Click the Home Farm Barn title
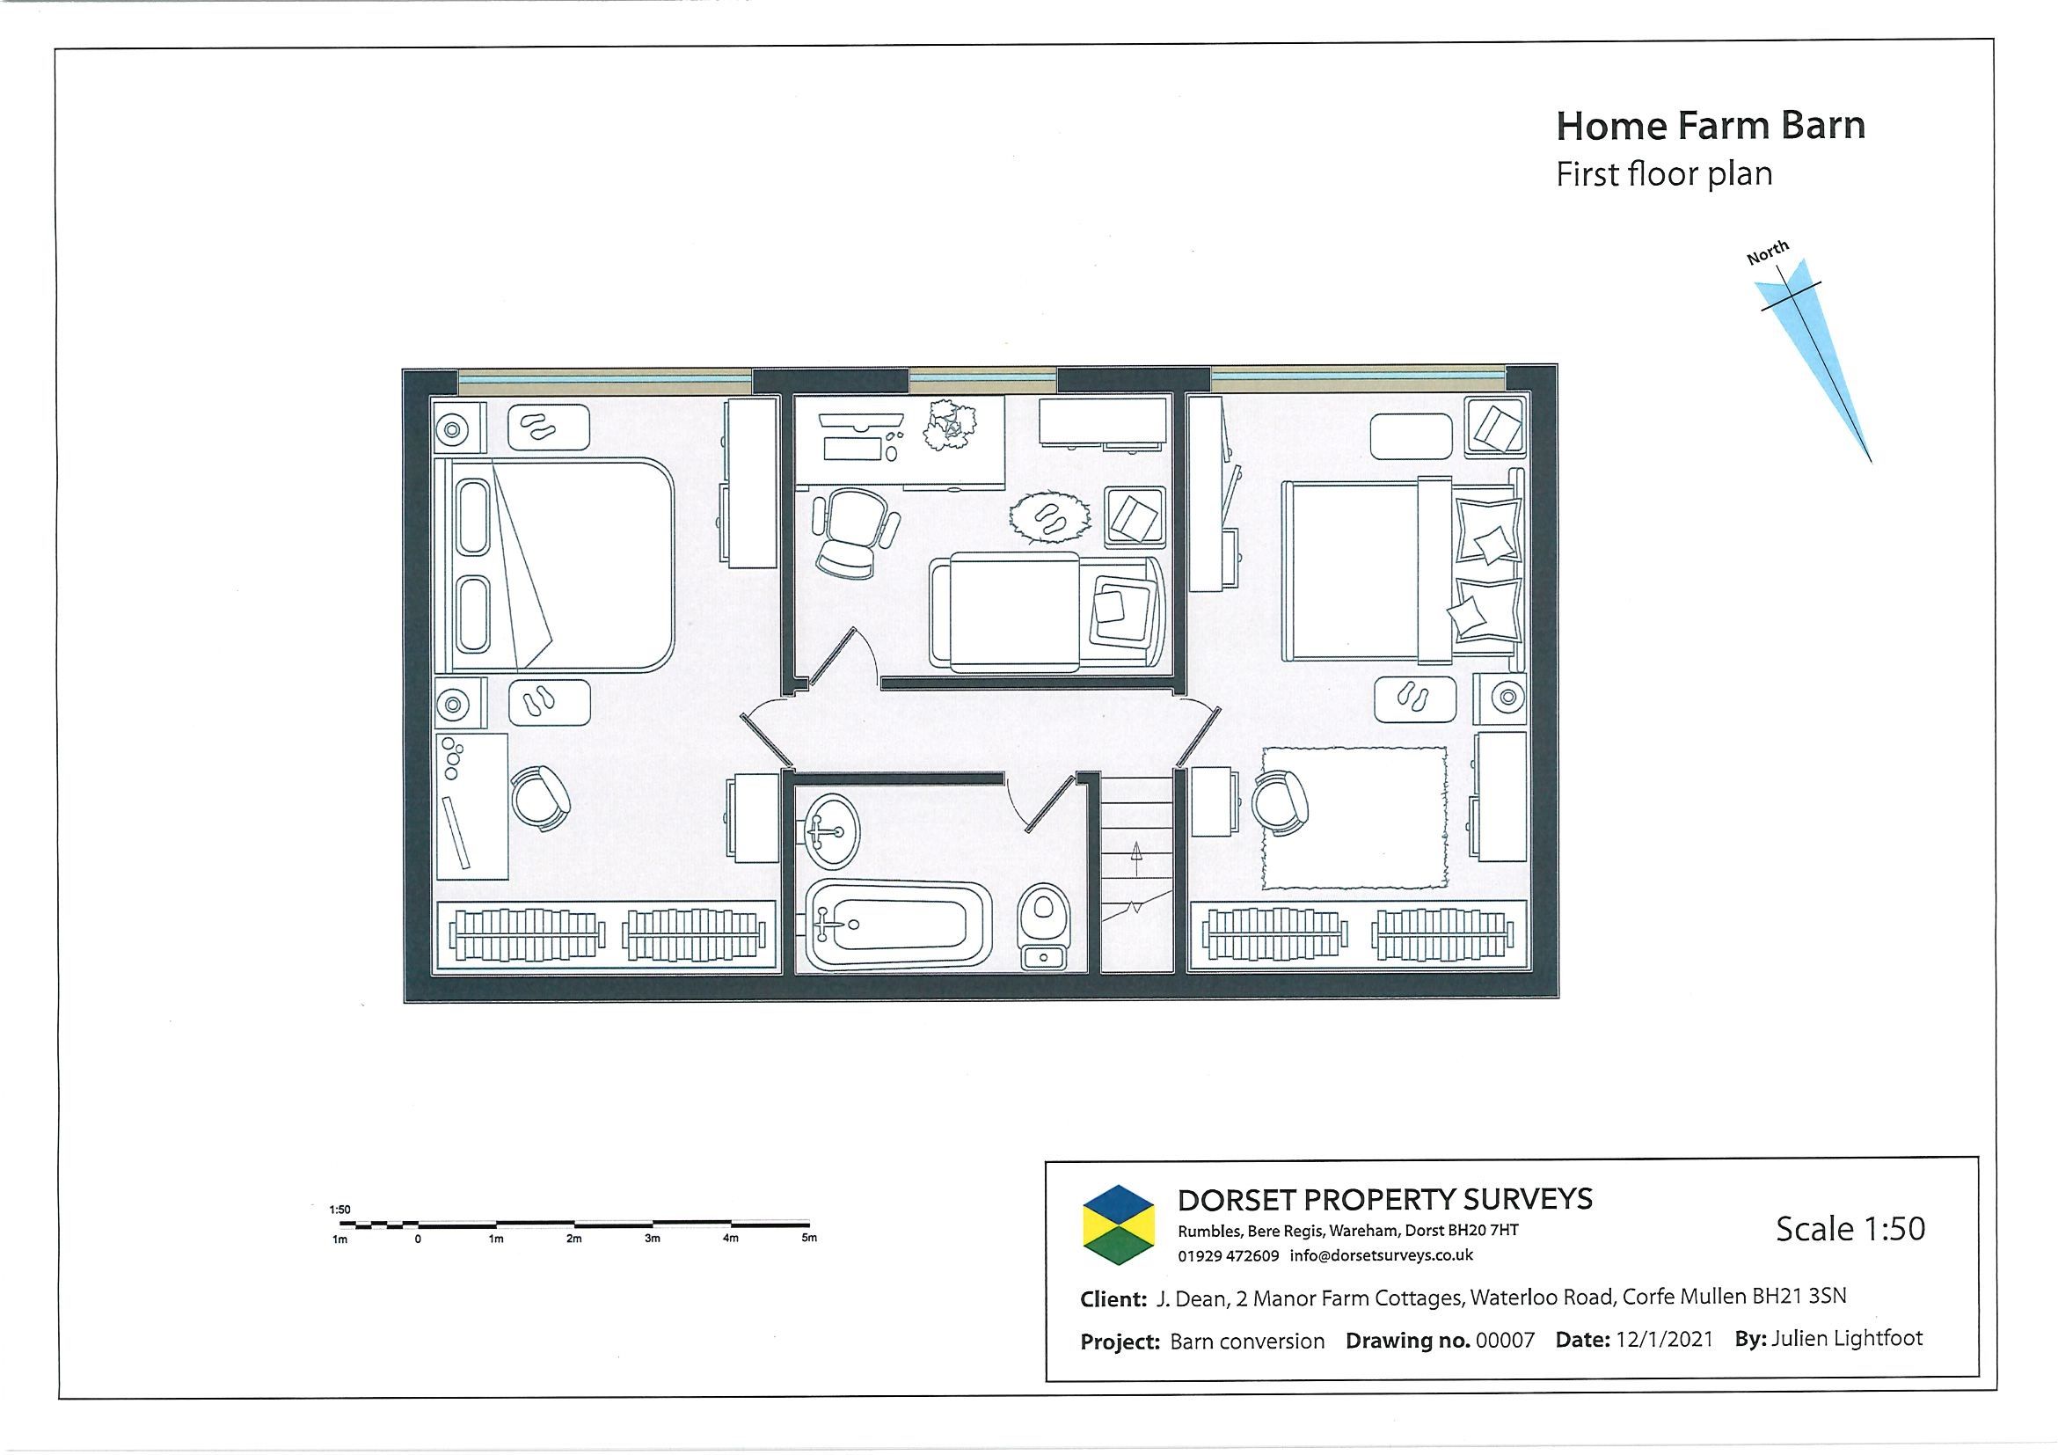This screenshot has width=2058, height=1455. click(1710, 126)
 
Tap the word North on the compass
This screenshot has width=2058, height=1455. click(1768, 252)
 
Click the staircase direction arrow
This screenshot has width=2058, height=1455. click(1136, 858)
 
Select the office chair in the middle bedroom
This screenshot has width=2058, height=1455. click(852, 533)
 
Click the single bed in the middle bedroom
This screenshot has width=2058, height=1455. click(1046, 611)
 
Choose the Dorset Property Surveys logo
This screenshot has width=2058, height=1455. click(1120, 1225)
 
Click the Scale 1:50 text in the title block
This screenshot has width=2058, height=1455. click(1850, 1228)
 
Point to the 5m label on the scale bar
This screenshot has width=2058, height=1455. click(808, 1238)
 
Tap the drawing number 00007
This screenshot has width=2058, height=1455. click(1505, 1342)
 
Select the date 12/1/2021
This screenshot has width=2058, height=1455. click(1665, 1340)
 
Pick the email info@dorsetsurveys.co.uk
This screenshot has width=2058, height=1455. click(1382, 1256)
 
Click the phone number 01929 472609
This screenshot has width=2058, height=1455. click(1228, 1256)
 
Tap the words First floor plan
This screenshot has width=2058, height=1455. click(1664, 174)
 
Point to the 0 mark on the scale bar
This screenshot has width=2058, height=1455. click(418, 1238)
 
